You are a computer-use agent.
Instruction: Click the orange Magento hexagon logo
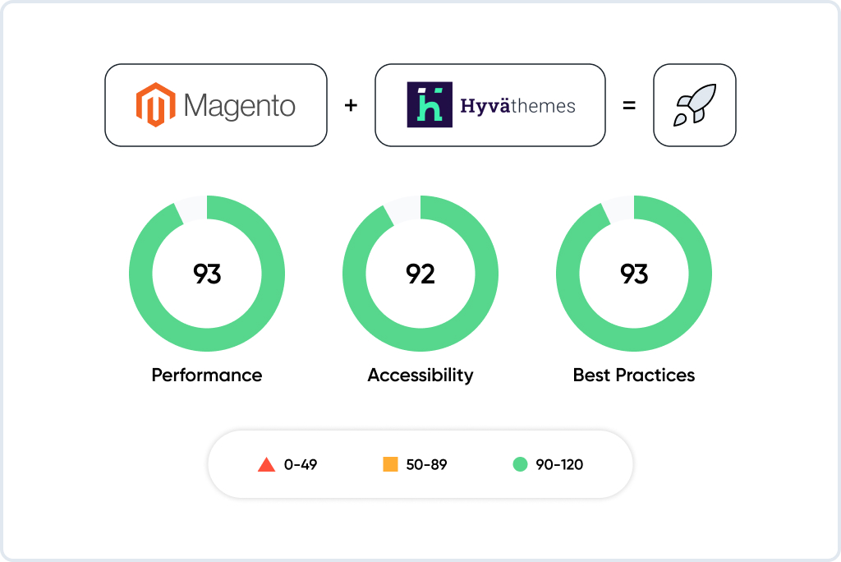pyautogui.click(x=155, y=104)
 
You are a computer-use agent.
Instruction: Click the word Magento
pyautogui.click(x=239, y=106)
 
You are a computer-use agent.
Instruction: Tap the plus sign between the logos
pyautogui.click(x=351, y=105)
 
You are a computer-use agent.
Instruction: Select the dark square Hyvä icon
pyautogui.click(x=430, y=104)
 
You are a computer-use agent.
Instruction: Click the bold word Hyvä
pyautogui.click(x=485, y=106)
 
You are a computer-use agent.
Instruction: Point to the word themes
pyautogui.click(x=544, y=106)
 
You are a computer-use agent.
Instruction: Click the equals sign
pyautogui.click(x=629, y=106)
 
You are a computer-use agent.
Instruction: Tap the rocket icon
pyautogui.click(x=695, y=104)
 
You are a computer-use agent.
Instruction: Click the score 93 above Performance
pyautogui.click(x=207, y=274)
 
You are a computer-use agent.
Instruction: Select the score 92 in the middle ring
pyautogui.click(x=420, y=274)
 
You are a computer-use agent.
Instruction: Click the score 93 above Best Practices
pyautogui.click(x=634, y=274)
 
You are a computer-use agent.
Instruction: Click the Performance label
pyautogui.click(x=207, y=375)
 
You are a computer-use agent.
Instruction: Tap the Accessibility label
pyautogui.click(x=420, y=375)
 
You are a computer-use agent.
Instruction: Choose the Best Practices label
pyautogui.click(x=634, y=375)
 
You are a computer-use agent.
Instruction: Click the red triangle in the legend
pyautogui.click(x=267, y=465)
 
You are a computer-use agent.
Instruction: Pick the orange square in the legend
pyautogui.click(x=390, y=464)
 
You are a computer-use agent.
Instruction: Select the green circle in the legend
pyautogui.click(x=520, y=464)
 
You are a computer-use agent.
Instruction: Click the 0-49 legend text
pyautogui.click(x=301, y=465)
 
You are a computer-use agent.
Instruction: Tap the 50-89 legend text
pyautogui.click(x=426, y=465)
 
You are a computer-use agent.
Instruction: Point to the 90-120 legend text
pyautogui.click(x=559, y=465)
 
